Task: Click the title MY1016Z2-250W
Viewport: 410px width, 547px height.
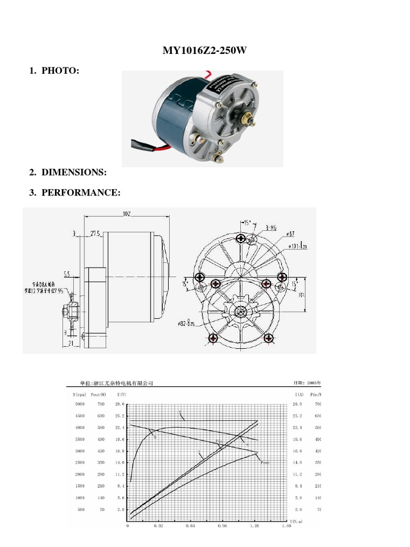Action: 205,51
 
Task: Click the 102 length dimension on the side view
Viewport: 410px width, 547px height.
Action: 127,214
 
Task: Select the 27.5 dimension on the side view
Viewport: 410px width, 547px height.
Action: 97,233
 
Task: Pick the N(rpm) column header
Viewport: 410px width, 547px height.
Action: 78,394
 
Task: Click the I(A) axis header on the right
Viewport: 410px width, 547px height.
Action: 298,394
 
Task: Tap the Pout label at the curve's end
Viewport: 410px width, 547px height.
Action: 265,463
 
